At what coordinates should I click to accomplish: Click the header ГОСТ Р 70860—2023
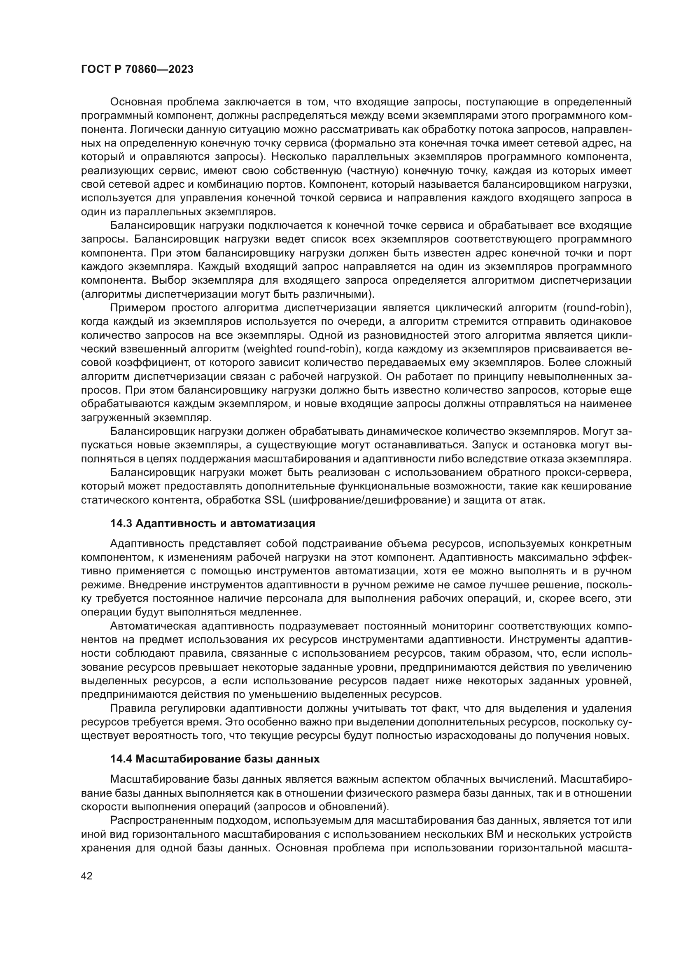pos(137,70)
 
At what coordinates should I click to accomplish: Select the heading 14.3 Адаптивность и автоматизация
pos(212,523)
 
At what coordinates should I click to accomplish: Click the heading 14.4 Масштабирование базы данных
pos(215,759)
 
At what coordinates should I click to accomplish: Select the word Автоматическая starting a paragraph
pos(153,626)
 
